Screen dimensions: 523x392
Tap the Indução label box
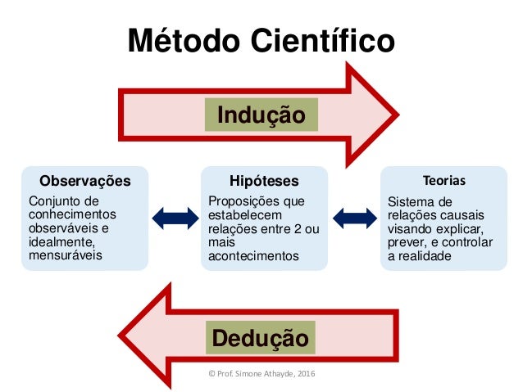coord(261,114)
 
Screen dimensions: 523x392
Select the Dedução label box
coord(261,337)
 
